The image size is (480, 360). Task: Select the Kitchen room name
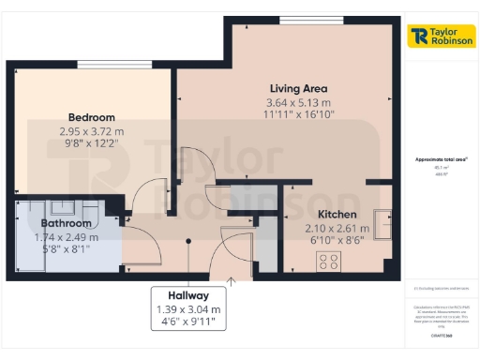click(x=331, y=214)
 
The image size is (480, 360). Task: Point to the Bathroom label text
click(x=66, y=223)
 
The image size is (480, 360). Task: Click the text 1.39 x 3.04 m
click(x=189, y=308)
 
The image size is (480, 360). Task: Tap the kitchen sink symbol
click(x=382, y=221)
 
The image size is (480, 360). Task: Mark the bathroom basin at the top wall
click(x=64, y=208)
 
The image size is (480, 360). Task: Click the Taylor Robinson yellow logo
click(x=441, y=37)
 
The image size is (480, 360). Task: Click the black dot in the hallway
click(x=188, y=241)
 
